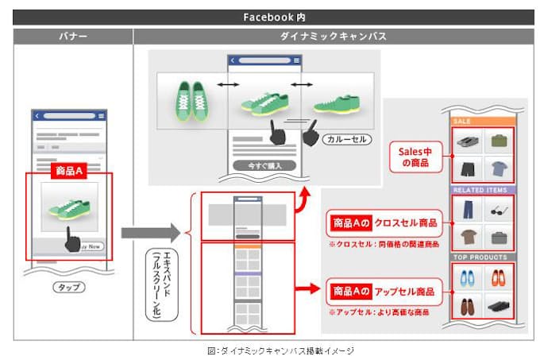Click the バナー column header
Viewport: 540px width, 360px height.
pos(72,37)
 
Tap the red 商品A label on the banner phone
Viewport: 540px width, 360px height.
pos(67,171)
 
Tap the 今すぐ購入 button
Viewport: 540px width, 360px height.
pos(264,165)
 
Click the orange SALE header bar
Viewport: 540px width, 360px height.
pos(482,122)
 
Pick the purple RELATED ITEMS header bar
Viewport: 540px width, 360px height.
pos(482,190)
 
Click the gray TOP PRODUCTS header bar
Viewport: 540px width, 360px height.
pos(482,257)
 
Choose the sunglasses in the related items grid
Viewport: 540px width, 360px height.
pos(499,211)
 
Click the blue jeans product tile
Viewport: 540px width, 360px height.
pos(468,211)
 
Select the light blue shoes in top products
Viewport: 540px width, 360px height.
pos(468,278)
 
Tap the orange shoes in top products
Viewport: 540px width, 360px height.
pos(499,278)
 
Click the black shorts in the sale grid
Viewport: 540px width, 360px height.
pos(468,168)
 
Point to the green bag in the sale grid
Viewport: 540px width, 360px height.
pos(499,141)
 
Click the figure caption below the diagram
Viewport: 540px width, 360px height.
pos(270,350)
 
